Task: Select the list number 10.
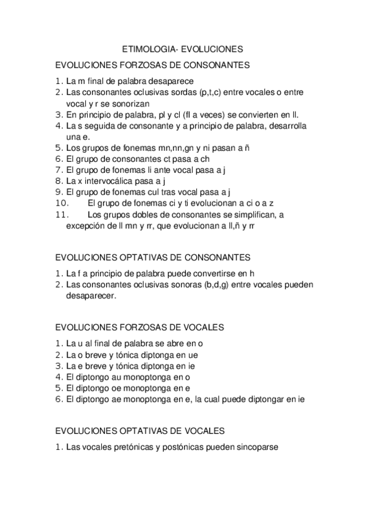pos(62,203)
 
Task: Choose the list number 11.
pos(62,214)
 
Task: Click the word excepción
pos(87,225)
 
